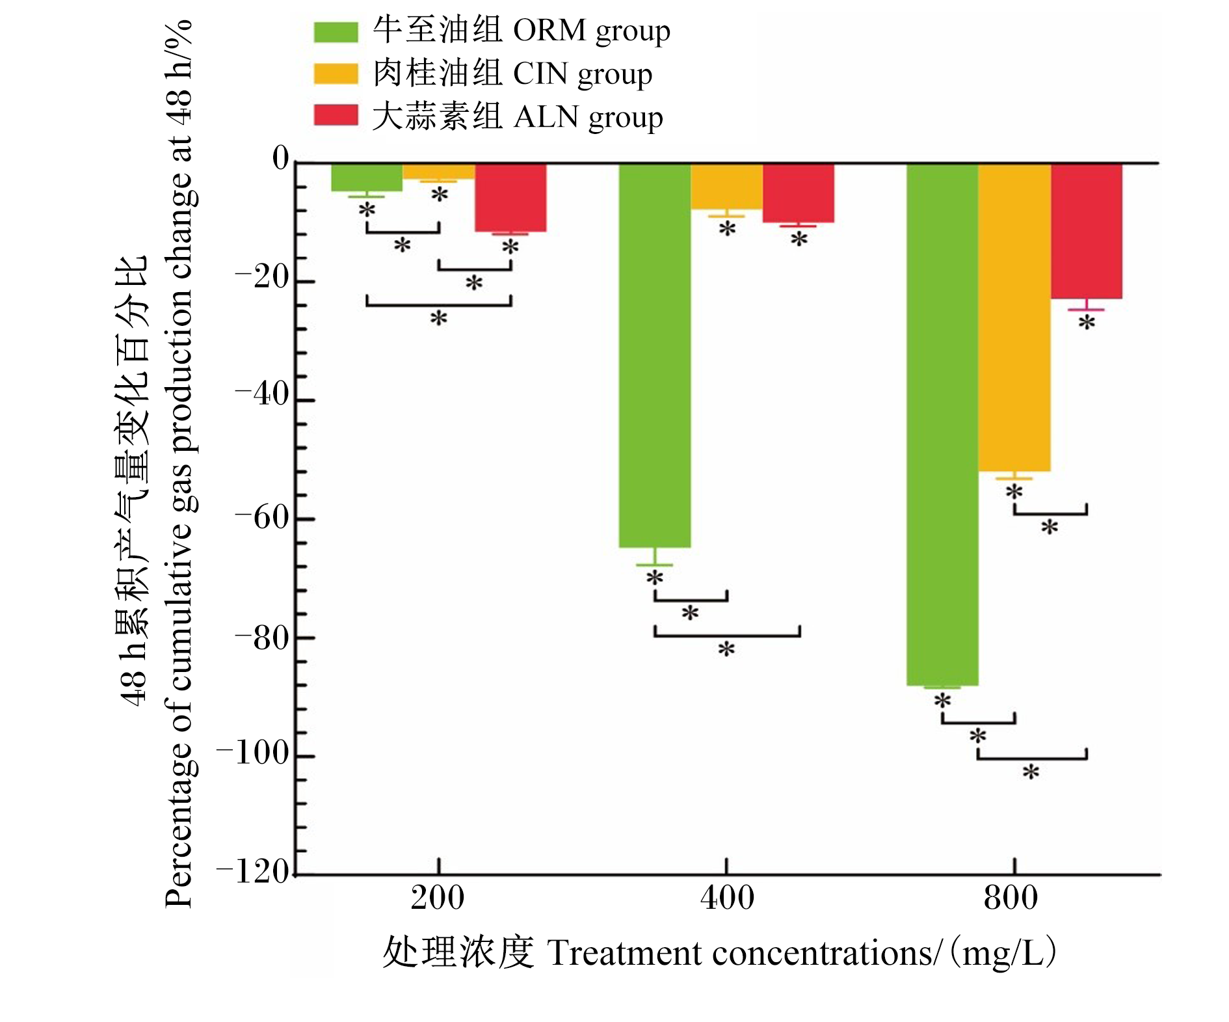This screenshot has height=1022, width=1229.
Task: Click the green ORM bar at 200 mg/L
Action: pyautogui.click(x=367, y=178)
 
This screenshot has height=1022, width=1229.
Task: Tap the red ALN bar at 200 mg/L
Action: pyautogui.click(x=510, y=198)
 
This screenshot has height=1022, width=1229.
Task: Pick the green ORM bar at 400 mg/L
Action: pyautogui.click(x=655, y=356)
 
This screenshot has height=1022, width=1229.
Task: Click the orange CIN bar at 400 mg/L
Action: pyautogui.click(x=726, y=187)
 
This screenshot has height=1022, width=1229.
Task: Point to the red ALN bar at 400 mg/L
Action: pyautogui.click(x=799, y=193)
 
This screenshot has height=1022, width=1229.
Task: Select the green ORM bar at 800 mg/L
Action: pyautogui.click(x=942, y=425)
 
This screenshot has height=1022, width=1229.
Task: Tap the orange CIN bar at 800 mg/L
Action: pyautogui.click(x=1014, y=317)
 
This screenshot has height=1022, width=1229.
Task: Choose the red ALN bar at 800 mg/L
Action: pyautogui.click(x=1087, y=232)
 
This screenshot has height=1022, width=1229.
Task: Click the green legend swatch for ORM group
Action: pyautogui.click(x=336, y=32)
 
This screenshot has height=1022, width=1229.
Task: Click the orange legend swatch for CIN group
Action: pyautogui.click(x=336, y=74)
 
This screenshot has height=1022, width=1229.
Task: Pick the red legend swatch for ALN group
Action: pyautogui.click(x=336, y=115)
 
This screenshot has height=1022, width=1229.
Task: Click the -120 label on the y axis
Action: pyautogui.click(x=253, y=872)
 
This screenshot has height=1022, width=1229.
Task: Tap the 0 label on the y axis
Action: pyautogui.click(x=281, y=158)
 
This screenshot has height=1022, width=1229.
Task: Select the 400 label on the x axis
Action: pyautogui.click(x=727, y=898)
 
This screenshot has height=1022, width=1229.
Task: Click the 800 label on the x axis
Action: pyautogui.click(x=1011, y=898)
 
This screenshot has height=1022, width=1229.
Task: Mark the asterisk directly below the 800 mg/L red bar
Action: pyautogui.click(x=1087, y=322)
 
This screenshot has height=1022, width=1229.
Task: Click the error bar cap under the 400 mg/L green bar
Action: pyautogui.click(x=655, y=565)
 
